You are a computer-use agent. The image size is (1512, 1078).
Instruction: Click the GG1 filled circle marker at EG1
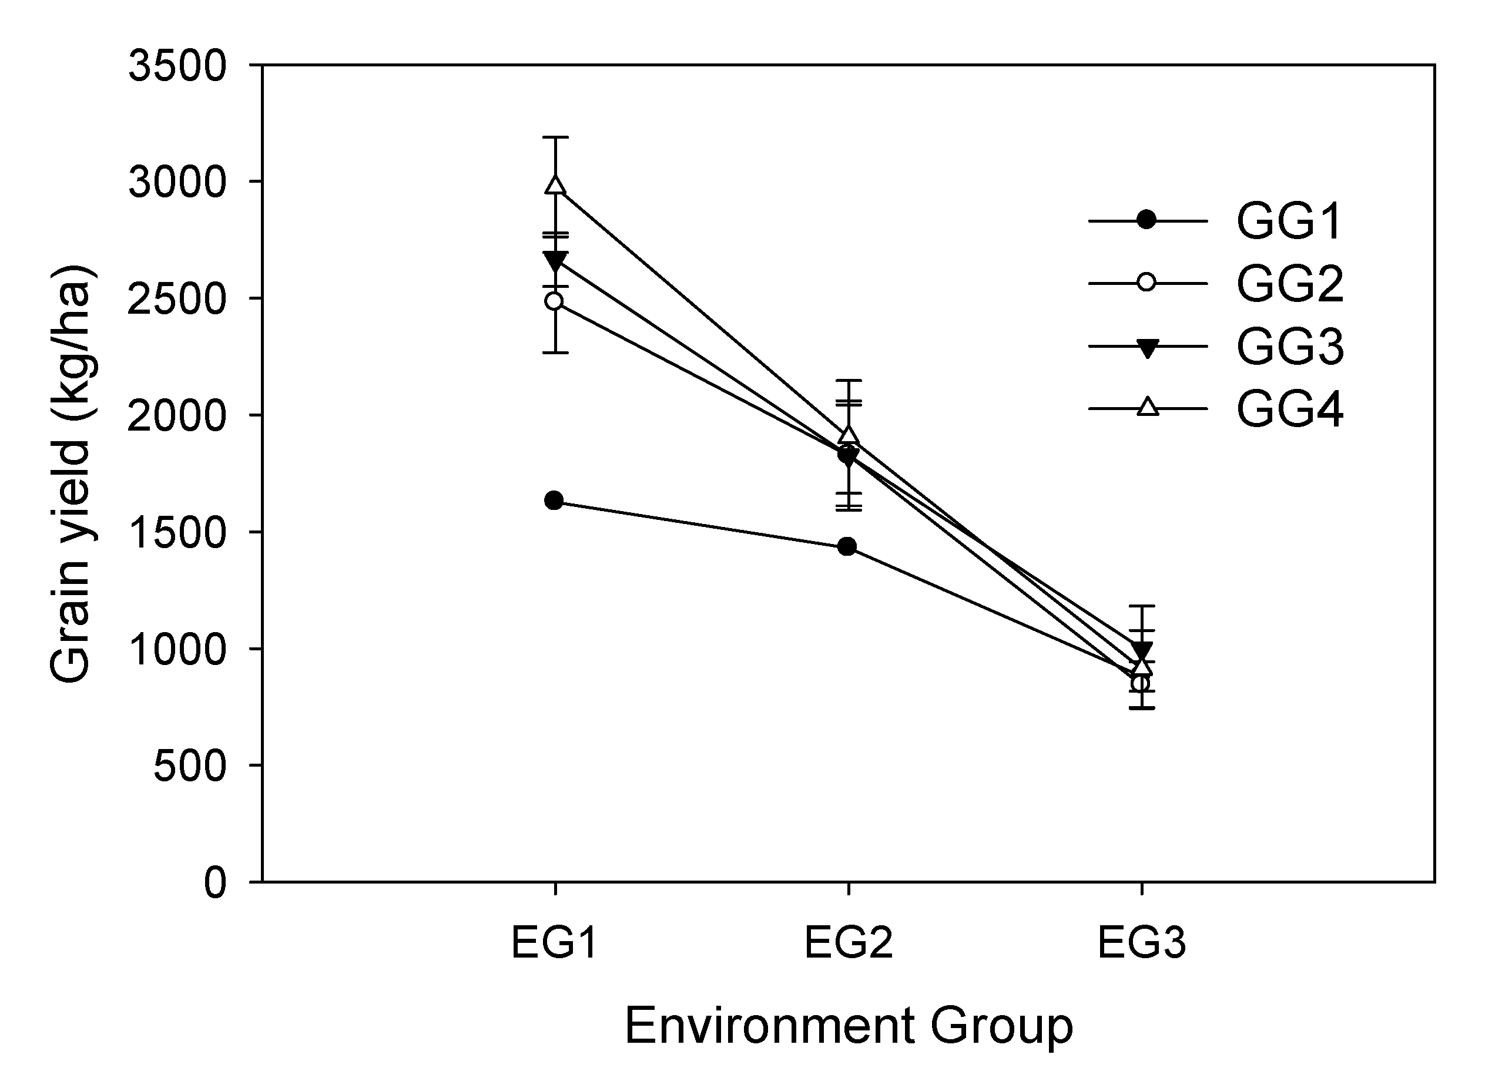pos(555,501)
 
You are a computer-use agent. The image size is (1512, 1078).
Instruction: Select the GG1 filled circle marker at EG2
pos(847,547)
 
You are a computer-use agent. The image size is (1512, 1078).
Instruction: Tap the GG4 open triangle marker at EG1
pos(556,185)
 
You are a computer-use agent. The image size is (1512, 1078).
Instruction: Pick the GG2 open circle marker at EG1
pos(555,301)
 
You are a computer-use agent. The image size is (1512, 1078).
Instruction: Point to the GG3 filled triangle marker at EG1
pos(555,260)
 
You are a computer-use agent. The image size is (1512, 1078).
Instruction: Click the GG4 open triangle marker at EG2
pos(849,436)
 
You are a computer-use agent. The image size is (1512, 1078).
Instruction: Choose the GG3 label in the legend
pos(1289,346)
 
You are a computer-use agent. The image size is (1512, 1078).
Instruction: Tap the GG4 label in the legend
pos(1289,408)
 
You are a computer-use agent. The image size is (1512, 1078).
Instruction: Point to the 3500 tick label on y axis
pos(177,67)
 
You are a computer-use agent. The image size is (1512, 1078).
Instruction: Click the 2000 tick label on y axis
pos(177,417)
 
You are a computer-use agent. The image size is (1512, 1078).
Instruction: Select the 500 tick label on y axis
pos(190,767)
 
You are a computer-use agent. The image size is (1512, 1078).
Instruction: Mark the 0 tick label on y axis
pos(215,884)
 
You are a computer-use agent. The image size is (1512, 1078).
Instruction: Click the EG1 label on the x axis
pos(555,942)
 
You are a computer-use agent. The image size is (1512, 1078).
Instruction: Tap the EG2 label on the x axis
pos(848,942)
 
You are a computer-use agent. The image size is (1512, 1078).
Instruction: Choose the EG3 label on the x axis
pos(1141,942)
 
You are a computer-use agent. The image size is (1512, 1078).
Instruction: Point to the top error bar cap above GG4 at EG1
pos(556,137)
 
